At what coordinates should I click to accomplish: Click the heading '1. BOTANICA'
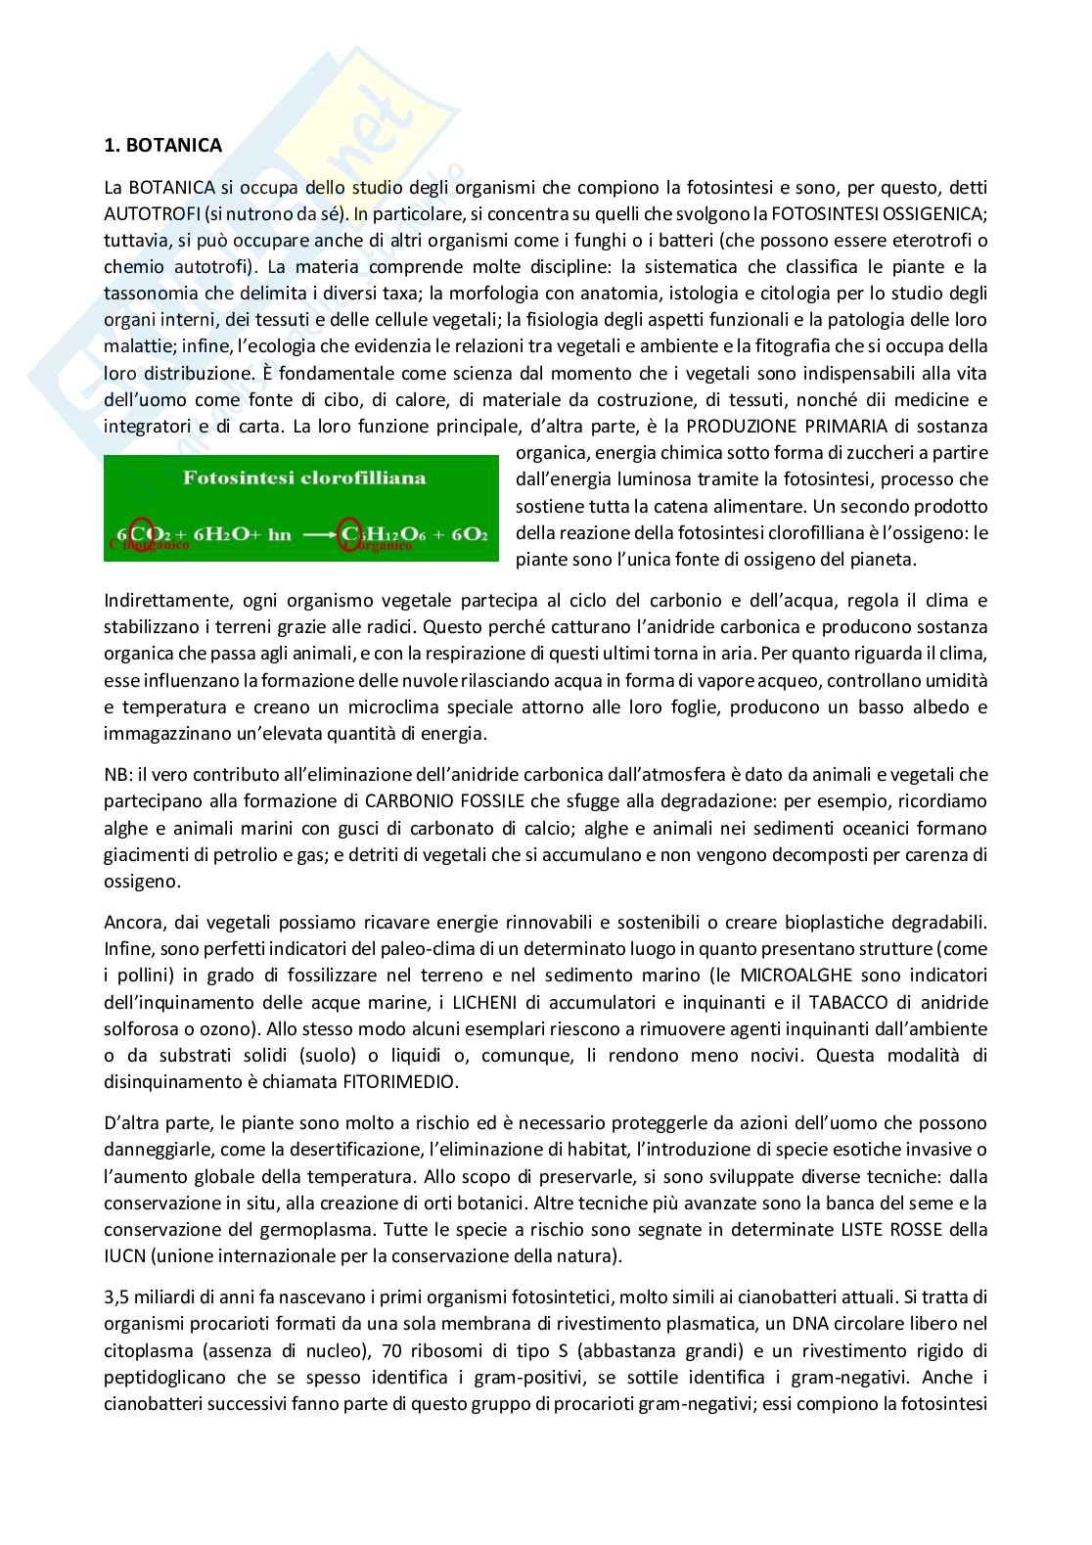click(162, 145)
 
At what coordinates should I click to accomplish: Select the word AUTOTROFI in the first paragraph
click(149, 213)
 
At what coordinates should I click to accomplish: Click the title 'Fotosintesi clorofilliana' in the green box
click(303, 478)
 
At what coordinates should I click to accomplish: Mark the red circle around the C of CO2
click(144, 534)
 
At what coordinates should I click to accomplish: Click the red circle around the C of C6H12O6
click(351, 534)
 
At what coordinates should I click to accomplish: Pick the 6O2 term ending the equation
click(467, 535)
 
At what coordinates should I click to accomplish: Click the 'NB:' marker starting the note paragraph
click(116, 775)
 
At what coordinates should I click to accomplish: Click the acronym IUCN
click(124, 1255)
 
